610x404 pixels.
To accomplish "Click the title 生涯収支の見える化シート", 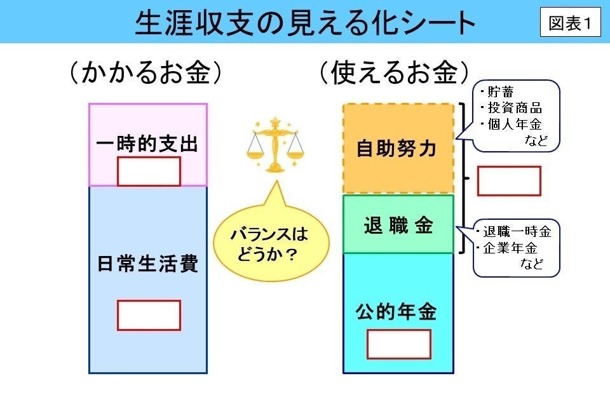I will point(305,23).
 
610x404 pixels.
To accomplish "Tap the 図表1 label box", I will point(570,24).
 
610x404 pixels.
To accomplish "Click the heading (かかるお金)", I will point(147,73).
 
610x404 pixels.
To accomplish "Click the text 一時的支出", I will point(147,144).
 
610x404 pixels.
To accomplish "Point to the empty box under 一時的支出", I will point(149,171).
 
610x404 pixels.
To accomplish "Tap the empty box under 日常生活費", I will point(149,315).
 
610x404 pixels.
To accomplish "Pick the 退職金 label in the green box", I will point(398,225).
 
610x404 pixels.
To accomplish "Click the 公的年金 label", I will point(397,311).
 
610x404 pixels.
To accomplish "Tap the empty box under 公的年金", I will point(398,344).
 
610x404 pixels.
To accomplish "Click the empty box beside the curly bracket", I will point(508,181).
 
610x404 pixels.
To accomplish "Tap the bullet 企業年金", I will point(510,248).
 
